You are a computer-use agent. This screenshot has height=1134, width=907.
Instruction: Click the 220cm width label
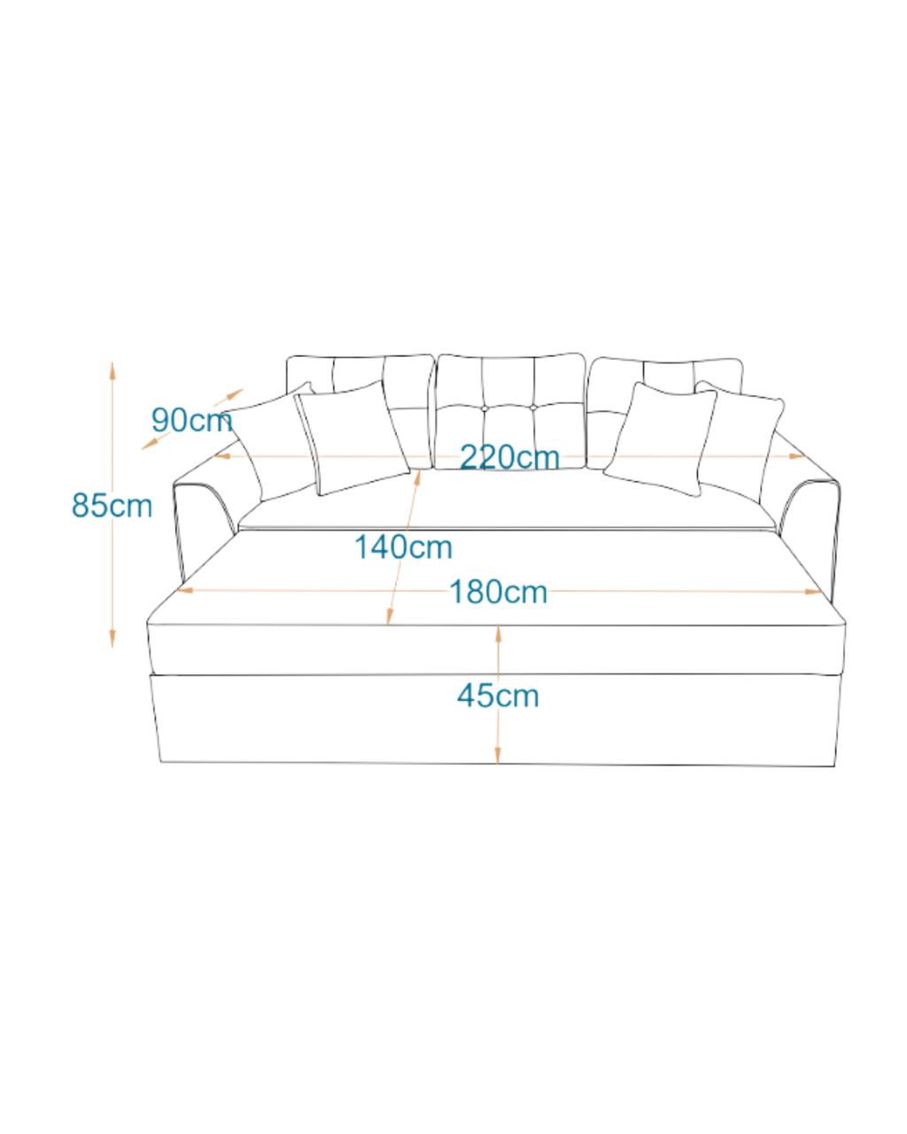[509, 456]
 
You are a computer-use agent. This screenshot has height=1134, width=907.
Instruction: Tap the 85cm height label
[112, 505]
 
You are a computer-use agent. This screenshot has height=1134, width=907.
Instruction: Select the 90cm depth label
[191, 420]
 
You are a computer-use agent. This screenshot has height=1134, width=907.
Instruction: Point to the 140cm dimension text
[403, 547]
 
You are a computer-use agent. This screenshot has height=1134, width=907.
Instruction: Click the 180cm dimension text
[498, 592]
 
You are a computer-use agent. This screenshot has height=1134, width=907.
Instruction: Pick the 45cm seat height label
[498, 695]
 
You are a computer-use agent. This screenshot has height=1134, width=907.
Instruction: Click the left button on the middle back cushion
[485, 408]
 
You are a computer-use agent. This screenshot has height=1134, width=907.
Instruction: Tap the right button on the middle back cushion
[533, 408]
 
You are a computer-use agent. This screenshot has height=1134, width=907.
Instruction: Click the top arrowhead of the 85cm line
[112, 370]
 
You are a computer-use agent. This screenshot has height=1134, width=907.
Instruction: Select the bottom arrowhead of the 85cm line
[112, 639]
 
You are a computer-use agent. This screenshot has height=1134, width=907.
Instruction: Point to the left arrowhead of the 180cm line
[184, 590]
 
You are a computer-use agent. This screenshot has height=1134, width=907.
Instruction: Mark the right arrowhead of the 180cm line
[813, 592]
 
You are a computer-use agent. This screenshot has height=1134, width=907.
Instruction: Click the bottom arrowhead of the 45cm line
[498, 755]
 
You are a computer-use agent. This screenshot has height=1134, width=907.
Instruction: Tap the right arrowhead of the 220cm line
[797, 455]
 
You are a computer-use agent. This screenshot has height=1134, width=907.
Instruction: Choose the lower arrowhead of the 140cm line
[390, 617]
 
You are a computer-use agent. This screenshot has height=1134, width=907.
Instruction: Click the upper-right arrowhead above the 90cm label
[235, 393]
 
